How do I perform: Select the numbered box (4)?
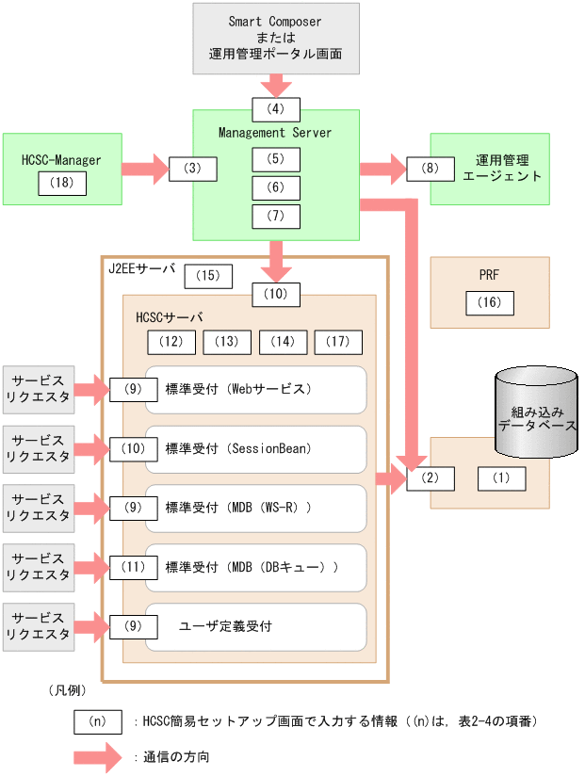pos(275,108)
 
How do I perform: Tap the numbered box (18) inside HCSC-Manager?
pos(62,183)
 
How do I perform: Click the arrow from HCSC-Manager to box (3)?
pos(145,170)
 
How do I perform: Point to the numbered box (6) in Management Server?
pos(275,188)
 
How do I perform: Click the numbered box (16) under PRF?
pos(490,303)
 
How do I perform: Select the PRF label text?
pos(489,275)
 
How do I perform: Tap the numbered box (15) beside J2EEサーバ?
pos(208,276)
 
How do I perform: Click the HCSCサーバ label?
pos(170,316)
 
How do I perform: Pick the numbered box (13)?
pos(227,342)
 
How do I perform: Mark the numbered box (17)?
pos(338,342)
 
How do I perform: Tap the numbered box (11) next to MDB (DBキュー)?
pos(133,567)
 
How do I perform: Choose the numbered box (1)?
pos(501,478)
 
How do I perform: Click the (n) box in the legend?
pos(98,721)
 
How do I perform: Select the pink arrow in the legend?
pos(98,756)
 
